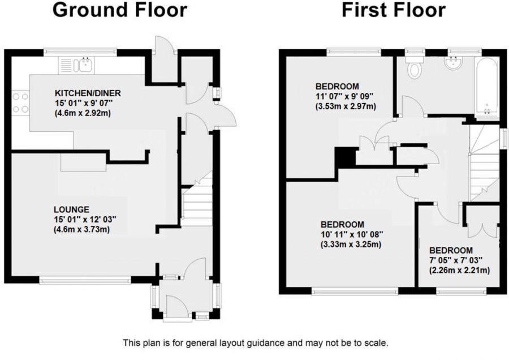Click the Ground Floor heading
(120, 10)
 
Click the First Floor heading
(393, 10)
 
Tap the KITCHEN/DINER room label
(88, 93)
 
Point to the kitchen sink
(85, 64)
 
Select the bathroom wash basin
(455, 62)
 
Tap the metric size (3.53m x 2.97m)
(346, 106)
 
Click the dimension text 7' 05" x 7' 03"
(459, 260)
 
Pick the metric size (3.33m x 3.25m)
(350, 245)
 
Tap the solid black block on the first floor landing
(343, 156)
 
